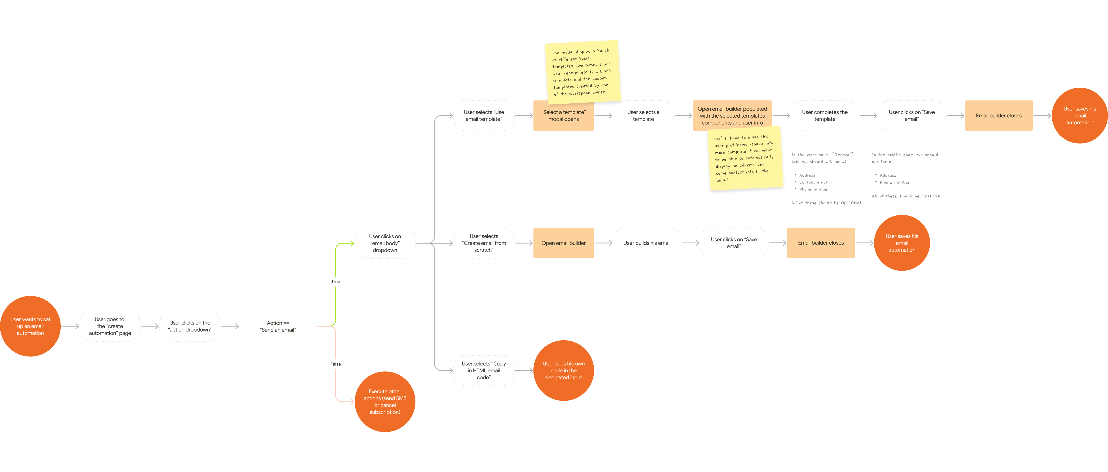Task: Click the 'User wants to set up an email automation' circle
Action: (30, 326)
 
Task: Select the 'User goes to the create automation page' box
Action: (110, 326)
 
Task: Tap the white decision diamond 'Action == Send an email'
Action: (278, 326)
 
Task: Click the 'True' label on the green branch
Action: (335, 281)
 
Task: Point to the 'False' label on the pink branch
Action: (335, 364)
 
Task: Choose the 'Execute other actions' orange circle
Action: (385, 402)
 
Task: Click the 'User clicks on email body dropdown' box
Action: (385, 243)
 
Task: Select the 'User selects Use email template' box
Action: (484, 116)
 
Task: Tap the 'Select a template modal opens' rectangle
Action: (563, 116)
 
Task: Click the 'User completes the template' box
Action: (825, 116)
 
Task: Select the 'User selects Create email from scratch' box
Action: (484, 243)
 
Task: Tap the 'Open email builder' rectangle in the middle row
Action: (563, 243)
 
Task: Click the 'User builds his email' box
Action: (647, 243)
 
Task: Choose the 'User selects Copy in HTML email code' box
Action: (484, 370)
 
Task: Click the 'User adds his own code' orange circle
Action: (563, 370)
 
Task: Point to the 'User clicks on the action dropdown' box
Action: (190, 326)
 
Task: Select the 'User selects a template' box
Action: (643, 116)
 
